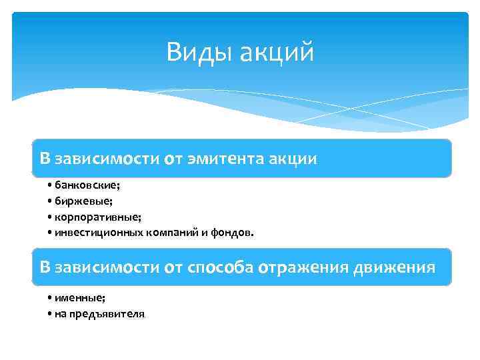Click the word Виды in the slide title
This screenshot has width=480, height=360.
pyautogui.click(x=195, y=52)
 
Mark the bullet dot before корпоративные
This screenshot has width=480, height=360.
pyautogui.click(x=50, y=217)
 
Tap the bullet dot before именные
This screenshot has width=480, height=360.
pyautogui.click(x=50, y=298)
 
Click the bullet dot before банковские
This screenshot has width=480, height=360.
pyautogui.click(x=50, y=185)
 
